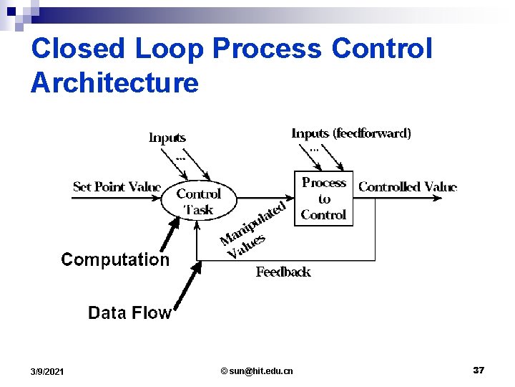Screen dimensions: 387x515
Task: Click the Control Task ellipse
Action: click(198, 201)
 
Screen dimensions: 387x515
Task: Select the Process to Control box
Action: click(323, 199)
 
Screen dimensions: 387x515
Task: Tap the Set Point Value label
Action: click(117, 187)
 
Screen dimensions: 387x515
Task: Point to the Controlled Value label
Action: click(407, 187)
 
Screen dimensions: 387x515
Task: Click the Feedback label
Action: click(283, 272)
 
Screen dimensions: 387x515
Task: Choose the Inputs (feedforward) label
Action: click(351, 133)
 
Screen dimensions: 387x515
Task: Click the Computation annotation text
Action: click(115, 259)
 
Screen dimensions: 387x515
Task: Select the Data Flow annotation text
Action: click(129, 312)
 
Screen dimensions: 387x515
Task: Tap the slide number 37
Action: click(479, 370)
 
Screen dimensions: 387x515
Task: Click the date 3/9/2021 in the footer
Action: click(47, 371)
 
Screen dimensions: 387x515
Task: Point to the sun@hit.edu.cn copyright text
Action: click(257, 371)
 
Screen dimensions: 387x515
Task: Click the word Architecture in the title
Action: click(114, 82)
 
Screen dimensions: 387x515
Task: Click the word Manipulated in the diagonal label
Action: click(254, 222)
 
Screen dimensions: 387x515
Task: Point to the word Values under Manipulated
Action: click(246, 246)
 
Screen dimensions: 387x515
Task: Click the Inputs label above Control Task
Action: click(167, 138)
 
